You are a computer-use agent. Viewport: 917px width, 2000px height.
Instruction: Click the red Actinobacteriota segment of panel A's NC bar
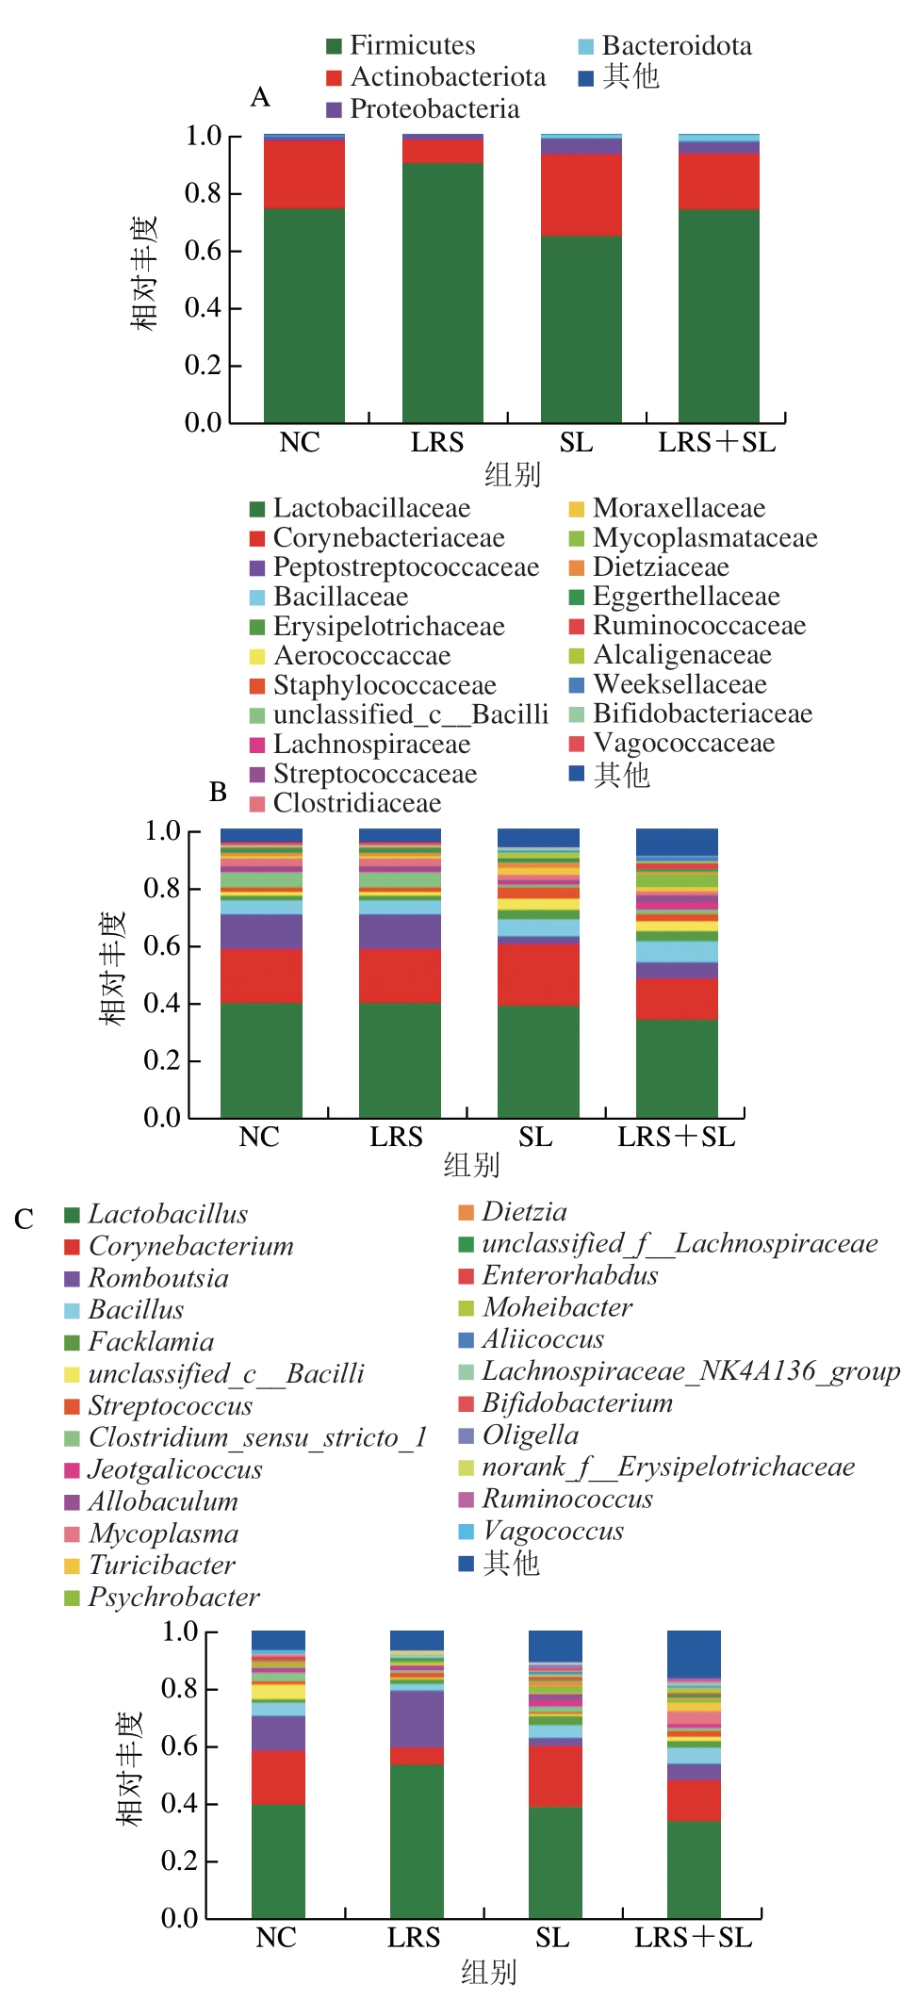[x=304, y=174]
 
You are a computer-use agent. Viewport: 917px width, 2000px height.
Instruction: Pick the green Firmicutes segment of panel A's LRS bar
[x=443, y=292]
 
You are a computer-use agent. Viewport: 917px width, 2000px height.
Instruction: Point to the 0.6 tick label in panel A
[x=203, y=251]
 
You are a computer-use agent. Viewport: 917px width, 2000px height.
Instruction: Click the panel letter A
[x=260, y=97]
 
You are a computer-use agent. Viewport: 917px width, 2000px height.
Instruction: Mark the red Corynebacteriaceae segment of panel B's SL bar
[x=538, y=975]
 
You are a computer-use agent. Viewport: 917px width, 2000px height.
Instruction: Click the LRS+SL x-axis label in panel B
[x=676, y=1138]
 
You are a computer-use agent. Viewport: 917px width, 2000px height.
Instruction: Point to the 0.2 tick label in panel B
[x=162, y=1061]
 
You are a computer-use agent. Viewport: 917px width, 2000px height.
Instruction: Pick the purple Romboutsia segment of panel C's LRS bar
[x=418, y=1719]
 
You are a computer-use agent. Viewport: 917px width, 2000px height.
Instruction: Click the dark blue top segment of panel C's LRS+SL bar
[x=694, y=1654]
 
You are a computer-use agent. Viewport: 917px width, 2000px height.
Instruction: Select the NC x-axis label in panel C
[x=276, y=1938]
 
